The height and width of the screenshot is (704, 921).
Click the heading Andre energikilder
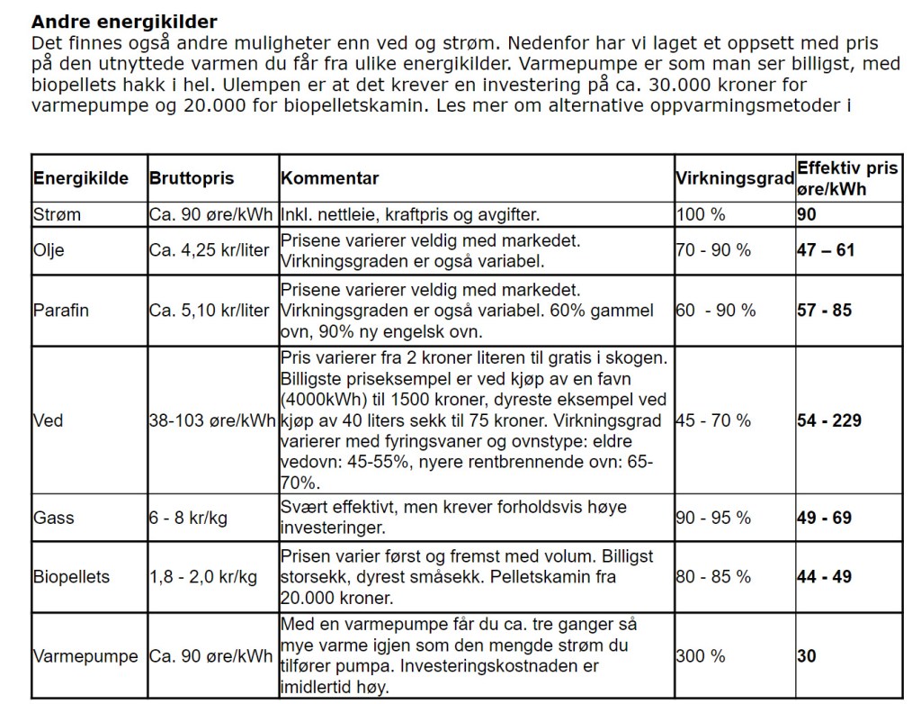point(124,22)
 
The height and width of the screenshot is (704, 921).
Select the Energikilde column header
point(82,178)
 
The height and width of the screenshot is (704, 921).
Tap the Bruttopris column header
point(191,178)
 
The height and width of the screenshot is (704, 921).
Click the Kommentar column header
point(330,178)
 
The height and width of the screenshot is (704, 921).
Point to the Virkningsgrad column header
point(734,178)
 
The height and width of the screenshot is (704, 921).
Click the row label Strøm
point(57,215)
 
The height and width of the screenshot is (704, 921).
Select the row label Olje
point(50,250)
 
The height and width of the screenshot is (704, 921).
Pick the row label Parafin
point(61,311)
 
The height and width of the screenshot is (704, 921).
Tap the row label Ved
point(49,420)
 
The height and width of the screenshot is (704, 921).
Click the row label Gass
point(54,519)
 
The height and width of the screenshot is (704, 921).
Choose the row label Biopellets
point(71,576)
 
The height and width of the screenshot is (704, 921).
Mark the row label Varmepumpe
point(85,656)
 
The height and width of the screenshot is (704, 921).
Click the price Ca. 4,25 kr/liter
point(209,250)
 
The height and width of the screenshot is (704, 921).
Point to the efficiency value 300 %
point(700,656)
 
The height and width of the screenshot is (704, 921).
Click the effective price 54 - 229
point(829,420)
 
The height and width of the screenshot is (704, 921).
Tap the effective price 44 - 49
point(824,576)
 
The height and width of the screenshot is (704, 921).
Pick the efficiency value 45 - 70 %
point(713,420)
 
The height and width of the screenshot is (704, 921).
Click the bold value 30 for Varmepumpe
point(807,656)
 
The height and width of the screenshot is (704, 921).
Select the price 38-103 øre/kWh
point(211,420)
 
